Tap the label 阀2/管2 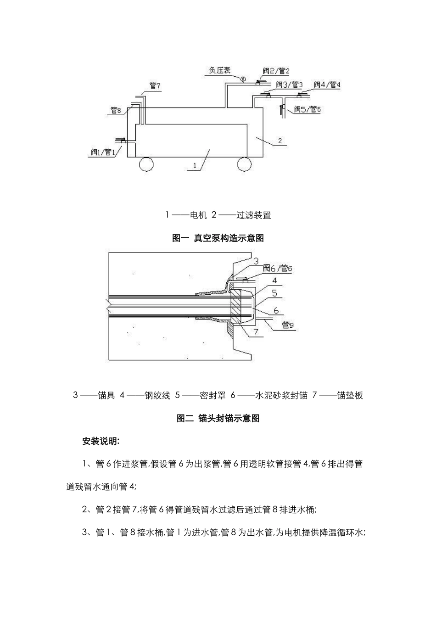[276, 71]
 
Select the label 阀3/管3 [290, 85]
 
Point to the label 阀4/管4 [327, 84]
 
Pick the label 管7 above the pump [155, 85]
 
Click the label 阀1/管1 [103, 152]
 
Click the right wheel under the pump [244, 163]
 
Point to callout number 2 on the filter [280, 140]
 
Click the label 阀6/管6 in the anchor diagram [278, 268]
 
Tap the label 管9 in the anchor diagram [288, 325]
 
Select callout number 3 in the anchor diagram [256, 261]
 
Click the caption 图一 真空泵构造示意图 [218, 238]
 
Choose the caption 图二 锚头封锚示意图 [218, 418]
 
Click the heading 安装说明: [101, 441]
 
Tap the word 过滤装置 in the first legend [253, 215]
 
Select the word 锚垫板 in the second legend [350, 395]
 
